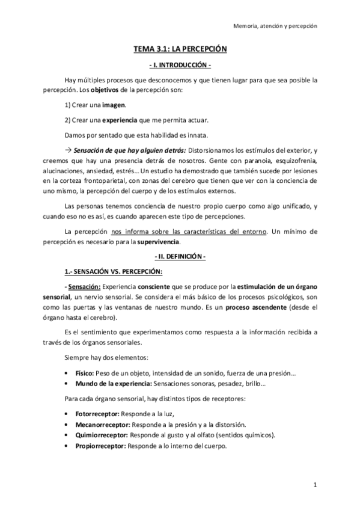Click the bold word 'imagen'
[x=114, y=105]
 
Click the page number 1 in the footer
[x=314, y=484]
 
